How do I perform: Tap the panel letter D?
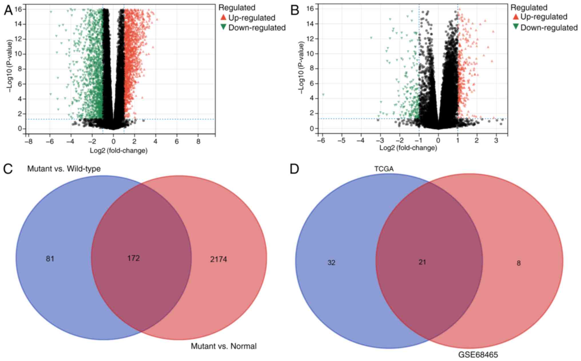coord(295,169)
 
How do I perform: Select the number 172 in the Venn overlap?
coord(134,258)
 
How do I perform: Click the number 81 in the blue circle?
coord(50,259)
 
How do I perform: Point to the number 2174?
coord(218,259)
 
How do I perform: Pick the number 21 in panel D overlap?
coord(422,262)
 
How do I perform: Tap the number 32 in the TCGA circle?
coord(331,263)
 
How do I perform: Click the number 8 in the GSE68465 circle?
coord(519,263)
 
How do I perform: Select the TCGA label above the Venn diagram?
coord(384,169)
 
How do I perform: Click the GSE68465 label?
coord(478,355)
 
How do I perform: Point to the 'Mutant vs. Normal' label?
coord(224,346)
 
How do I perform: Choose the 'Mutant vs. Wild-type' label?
coord(64,169)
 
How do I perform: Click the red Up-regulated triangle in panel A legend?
coord(223,17)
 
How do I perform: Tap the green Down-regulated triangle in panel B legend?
coord(516,27)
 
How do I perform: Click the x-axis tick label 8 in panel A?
coord(198,142)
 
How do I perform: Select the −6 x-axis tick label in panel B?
coord(322,141)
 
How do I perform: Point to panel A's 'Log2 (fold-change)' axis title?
coord(119,151)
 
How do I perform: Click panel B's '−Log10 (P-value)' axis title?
coord(301,68)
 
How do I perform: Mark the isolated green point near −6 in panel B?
coord(323,95)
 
